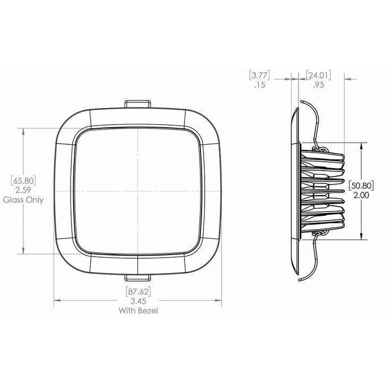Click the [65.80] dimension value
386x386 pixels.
[23, 181]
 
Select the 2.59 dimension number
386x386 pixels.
[23, 190]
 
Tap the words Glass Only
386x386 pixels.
[23, 200]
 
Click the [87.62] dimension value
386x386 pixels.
[138, 291]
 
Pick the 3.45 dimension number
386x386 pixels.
[138, 301]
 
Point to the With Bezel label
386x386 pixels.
[138, 311]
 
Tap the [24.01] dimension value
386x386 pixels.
[318, 75]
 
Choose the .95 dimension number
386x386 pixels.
[318, 84]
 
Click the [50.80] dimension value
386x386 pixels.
[361, 186]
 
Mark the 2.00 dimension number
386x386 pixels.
[361, 195]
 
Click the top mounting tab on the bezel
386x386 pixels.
[138, 103]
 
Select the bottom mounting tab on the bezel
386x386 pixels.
[138, 277]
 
